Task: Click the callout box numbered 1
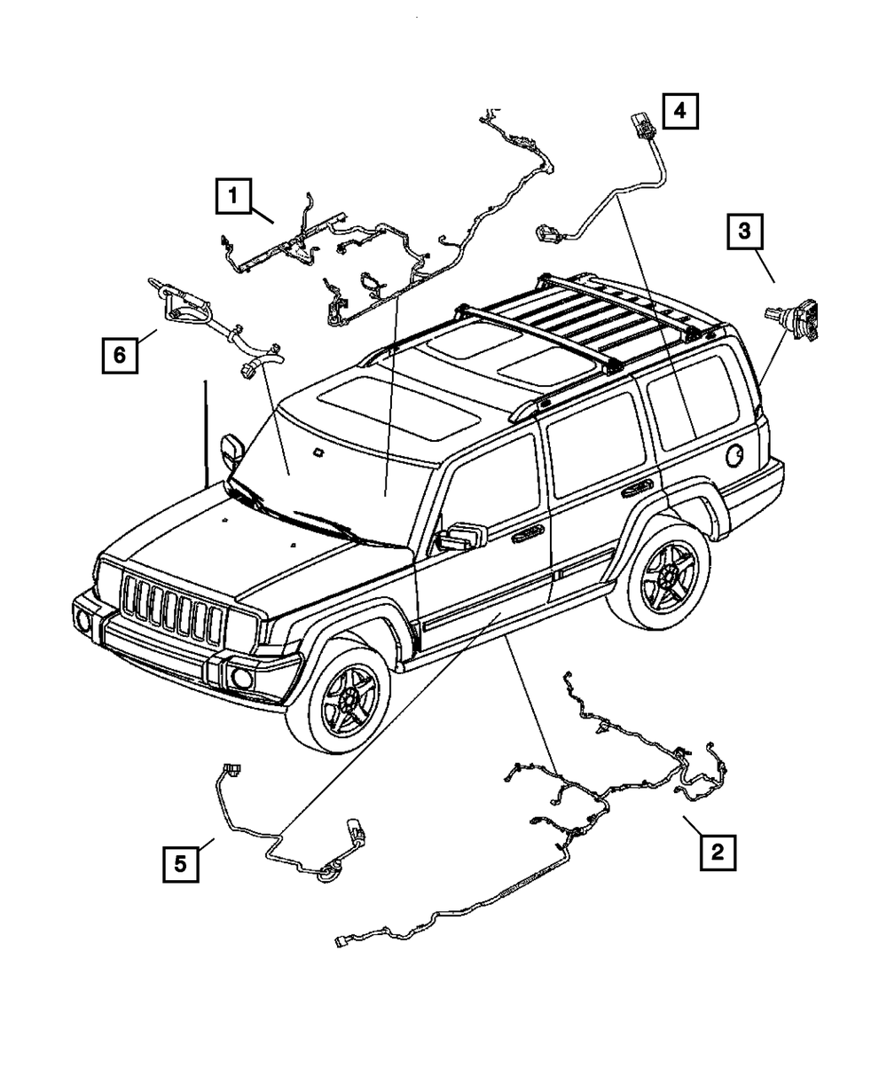[x=232, y=194]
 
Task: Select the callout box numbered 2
[x=717, y=853]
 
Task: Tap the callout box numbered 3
[x=744, y=232]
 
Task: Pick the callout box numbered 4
[x=679, y=111]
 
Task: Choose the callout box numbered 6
[x=119, y=356]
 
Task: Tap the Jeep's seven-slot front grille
[x=173, y=611]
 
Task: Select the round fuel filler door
[x=735, y=457]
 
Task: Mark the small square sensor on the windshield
[x=317, y=455]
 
